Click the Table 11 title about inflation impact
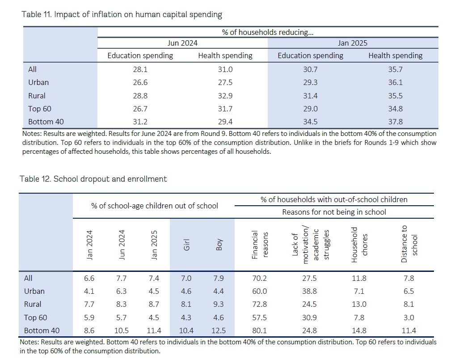click(122, 14)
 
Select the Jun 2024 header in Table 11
click(182, 43)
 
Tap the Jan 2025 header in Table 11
click(353, 43)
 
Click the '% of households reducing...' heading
click(268, 32)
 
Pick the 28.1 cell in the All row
click(140, 69)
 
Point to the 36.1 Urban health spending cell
click(395, 82)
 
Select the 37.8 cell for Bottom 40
click(395, 122)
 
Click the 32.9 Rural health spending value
click(225, 96)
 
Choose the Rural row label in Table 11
click(37, 96)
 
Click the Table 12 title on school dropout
click(93, 179)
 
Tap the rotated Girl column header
click(186, 245)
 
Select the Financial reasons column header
click(260, 245)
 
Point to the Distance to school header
click(409, 244)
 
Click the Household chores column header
click(359, 245)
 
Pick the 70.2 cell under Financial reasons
click(259, 278)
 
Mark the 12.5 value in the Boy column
click(219, 330)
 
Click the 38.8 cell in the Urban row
click(309, 291)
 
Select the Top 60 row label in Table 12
click(35, 318)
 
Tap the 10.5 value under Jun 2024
click(122, 330)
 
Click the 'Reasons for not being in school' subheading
click(334, 212)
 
